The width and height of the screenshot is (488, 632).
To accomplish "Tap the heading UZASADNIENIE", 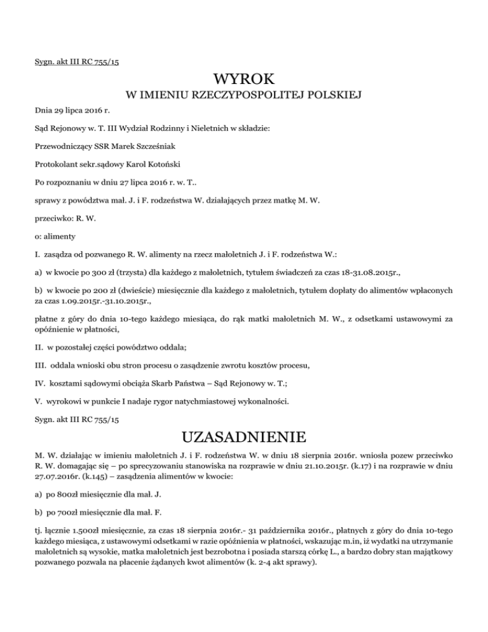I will coord(244,437).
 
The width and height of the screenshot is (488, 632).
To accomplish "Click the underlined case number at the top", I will coord(78,62).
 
